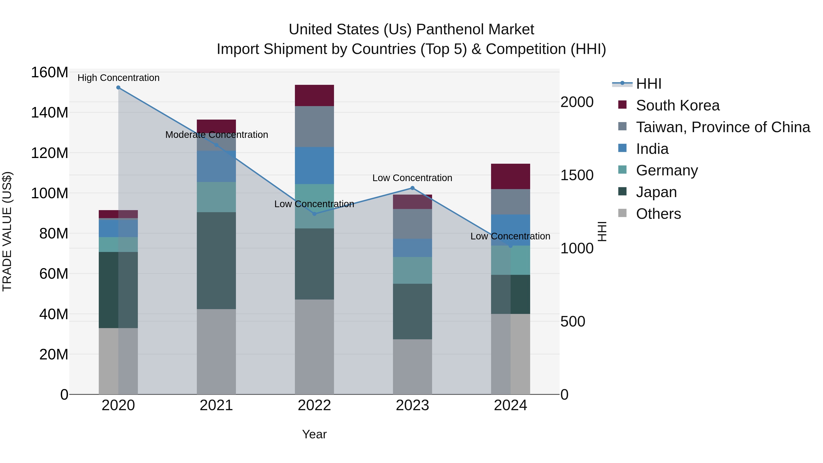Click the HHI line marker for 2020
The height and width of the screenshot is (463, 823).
click(x=118, y=88)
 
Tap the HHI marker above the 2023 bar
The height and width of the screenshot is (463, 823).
click(x=412, y=188)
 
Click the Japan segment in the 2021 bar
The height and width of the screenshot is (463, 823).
click(x=216, y=260)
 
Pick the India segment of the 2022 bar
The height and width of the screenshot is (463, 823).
click(x=314, y=166)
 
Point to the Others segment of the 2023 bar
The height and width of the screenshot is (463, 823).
click(x=412, y=367)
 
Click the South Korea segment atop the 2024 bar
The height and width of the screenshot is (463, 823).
click(x=510, y=176)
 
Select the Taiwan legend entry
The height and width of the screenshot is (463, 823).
click(x=723, y=127)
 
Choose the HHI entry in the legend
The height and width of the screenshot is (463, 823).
click(x=648, y=84)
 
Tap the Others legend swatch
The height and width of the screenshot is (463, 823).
click(x=622, y=213)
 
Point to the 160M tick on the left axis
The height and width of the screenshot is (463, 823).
click(x=50, y=72)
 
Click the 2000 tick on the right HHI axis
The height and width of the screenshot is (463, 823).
click(x=577, y=102)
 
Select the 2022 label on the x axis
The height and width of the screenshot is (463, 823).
click(x=314, y=405)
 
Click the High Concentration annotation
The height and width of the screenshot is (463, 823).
click(x=118, y=78)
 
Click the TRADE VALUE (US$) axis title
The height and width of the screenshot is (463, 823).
click(x=7, y=231)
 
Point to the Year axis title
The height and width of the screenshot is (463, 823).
click(x=314, y=434)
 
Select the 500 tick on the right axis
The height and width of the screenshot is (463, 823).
click(x=572, y=321)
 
